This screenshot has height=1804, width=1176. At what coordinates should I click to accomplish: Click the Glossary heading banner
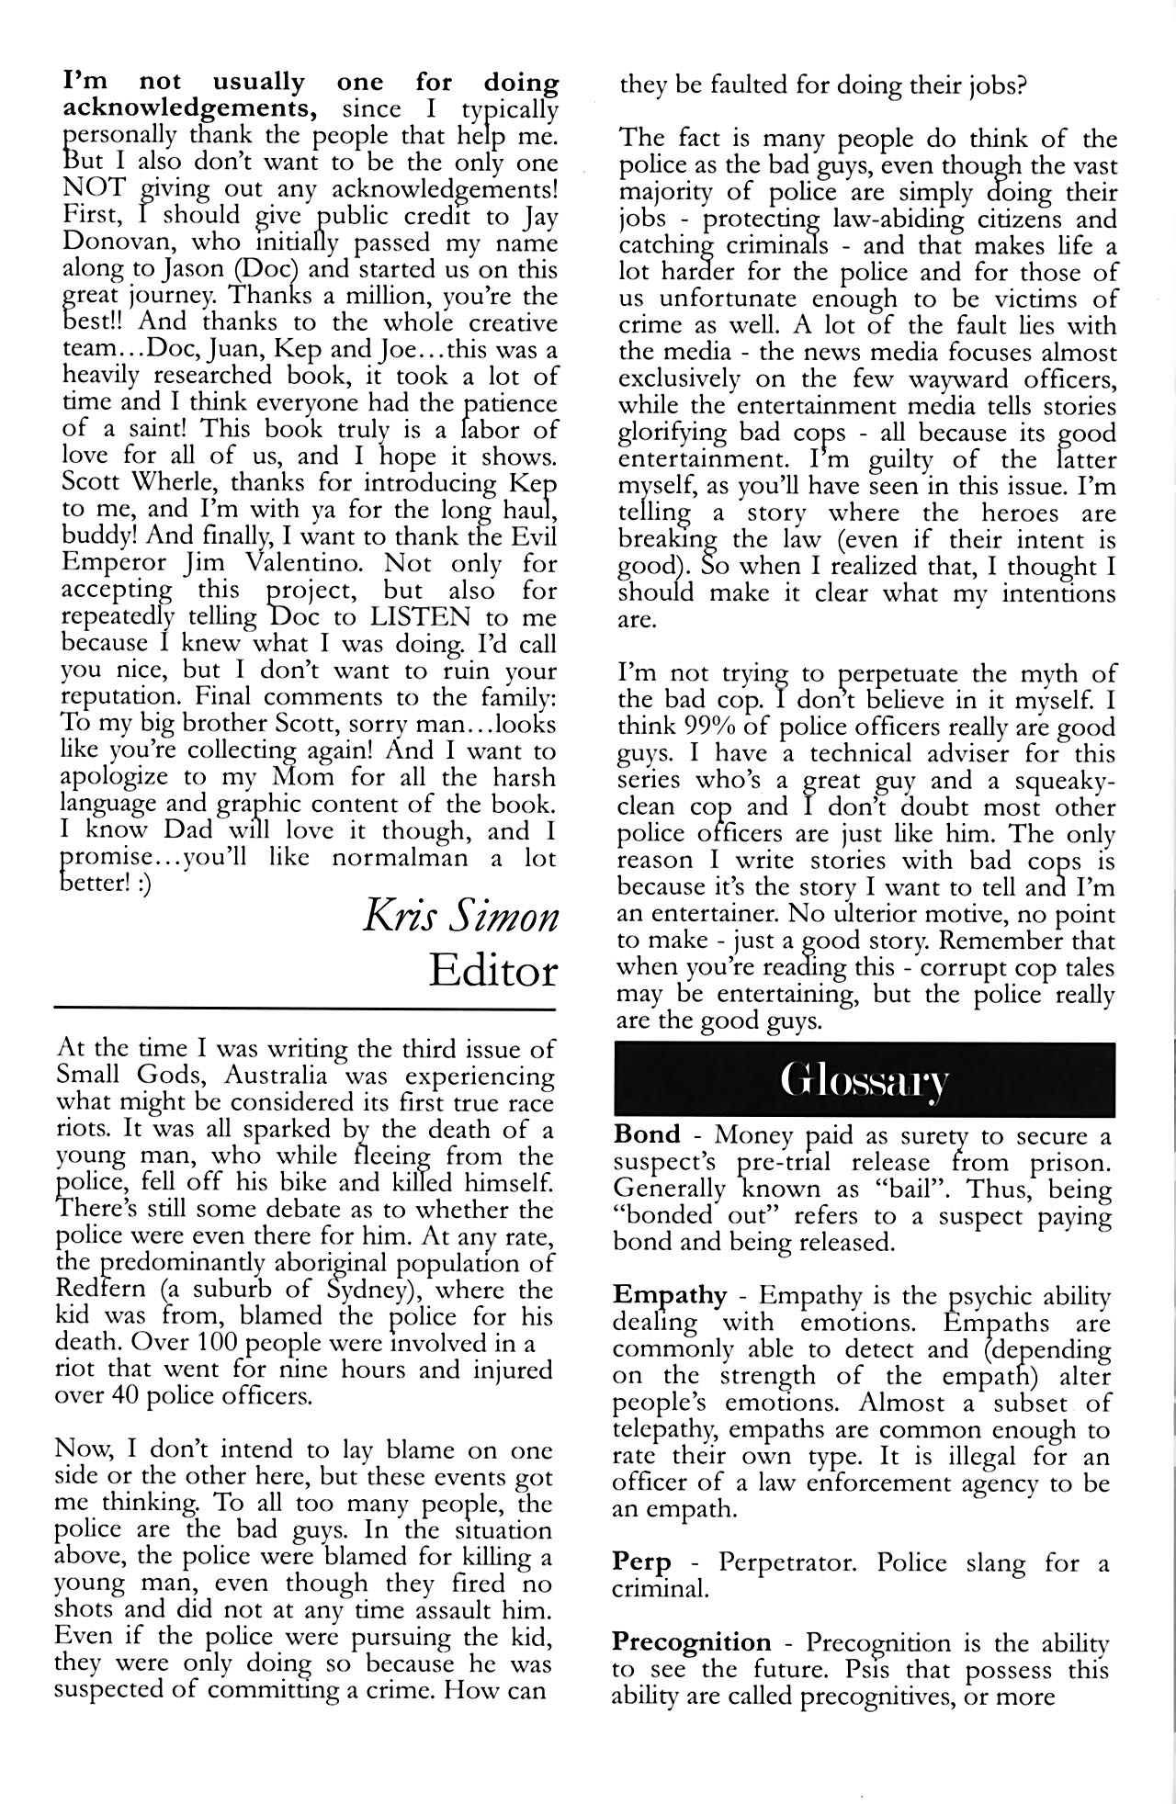(x=864, y=1080)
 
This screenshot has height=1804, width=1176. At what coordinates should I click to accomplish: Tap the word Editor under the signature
(x=493, y=971)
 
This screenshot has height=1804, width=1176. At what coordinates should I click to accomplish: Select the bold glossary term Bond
(x=648, y=1136)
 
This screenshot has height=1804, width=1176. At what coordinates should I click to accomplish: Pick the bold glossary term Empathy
(x=670, y=1296)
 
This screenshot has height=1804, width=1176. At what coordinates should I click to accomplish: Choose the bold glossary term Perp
(x=641, y=1562)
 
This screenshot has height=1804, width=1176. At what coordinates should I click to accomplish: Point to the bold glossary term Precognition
(x=692, y=1642)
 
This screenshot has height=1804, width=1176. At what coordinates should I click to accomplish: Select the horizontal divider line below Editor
(x=308, y=1009)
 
